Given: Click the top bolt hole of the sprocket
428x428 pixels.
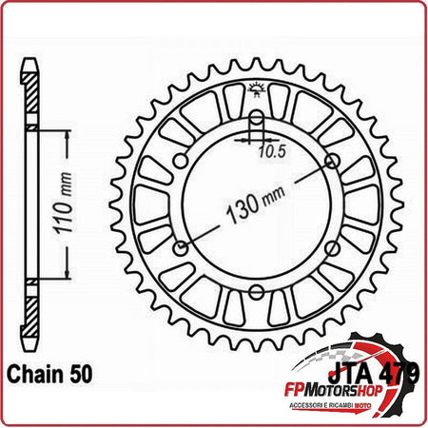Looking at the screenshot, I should (256, 119).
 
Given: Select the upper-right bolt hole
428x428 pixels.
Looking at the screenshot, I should (331, 161).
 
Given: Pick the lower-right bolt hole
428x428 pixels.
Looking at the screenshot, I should (331, 248).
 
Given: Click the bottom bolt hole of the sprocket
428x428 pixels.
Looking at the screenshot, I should (256, 291).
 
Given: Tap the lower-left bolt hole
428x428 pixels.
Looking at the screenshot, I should (181, 248).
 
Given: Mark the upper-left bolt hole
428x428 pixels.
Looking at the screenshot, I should (181, 161).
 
